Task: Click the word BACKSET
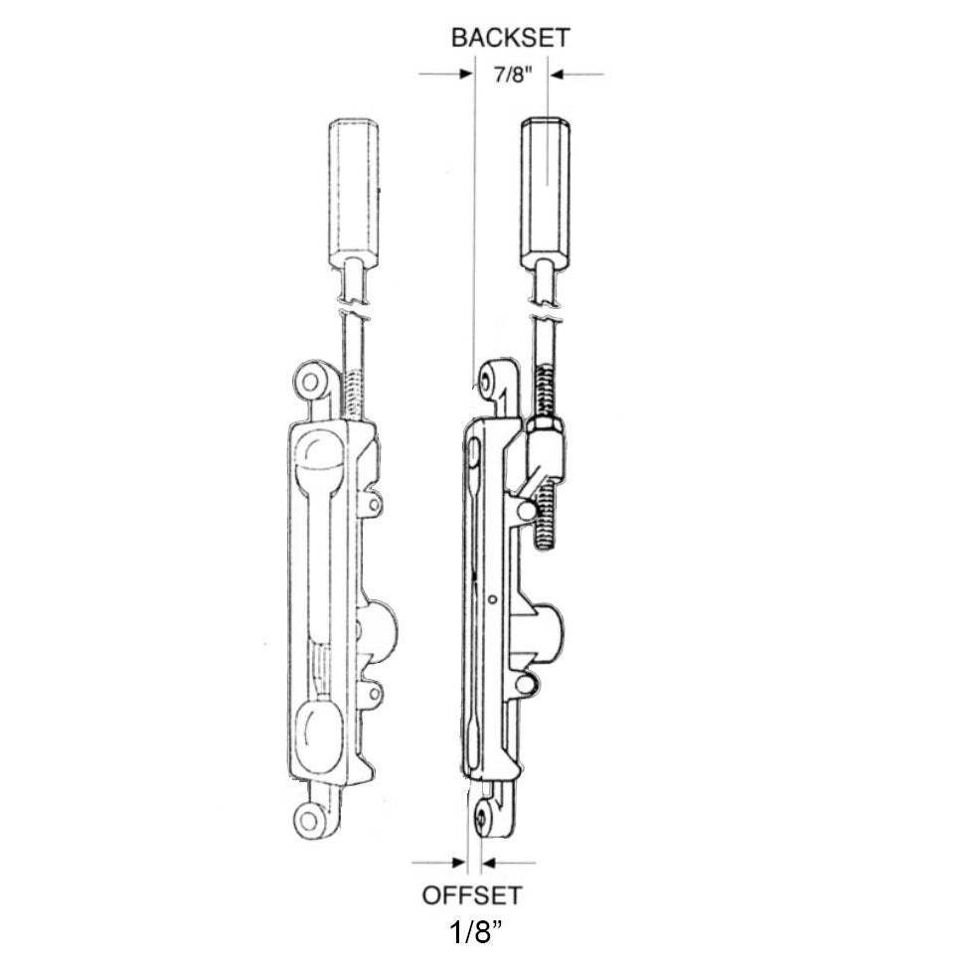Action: [x=510, y=38]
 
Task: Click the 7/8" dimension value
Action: [x=514, y=76]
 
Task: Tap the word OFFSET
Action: [x=472, y=895]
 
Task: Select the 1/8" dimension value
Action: [x=475, y=933]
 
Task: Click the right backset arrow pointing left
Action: [x=576, y=75]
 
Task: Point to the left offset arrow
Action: [x=438, y=863]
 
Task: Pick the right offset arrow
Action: [x=509, y=863]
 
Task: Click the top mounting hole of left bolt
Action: [x=309, y=381]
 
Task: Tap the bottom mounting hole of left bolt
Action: [x=308, y=820]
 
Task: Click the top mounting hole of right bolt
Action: [x=483, y=379]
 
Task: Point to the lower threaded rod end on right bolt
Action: [x=545, y=518]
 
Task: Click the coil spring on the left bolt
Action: [x=352, y=395]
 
